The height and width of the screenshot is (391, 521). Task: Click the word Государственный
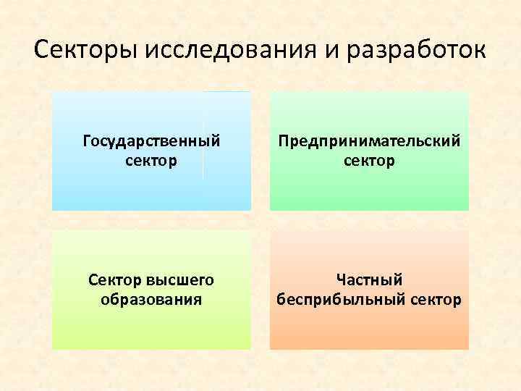click(151, 140)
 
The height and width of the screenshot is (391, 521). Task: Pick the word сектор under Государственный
click(151, 159)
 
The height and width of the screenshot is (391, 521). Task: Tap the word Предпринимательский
click(369, 140)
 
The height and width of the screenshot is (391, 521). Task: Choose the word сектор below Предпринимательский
click(369, 159)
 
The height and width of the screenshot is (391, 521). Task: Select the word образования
click(151, 298)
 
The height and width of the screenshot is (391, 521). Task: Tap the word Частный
click(369, 279)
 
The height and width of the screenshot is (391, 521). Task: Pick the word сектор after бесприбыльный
click(436, 298)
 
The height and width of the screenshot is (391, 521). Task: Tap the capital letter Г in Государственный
click(87, 140)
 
